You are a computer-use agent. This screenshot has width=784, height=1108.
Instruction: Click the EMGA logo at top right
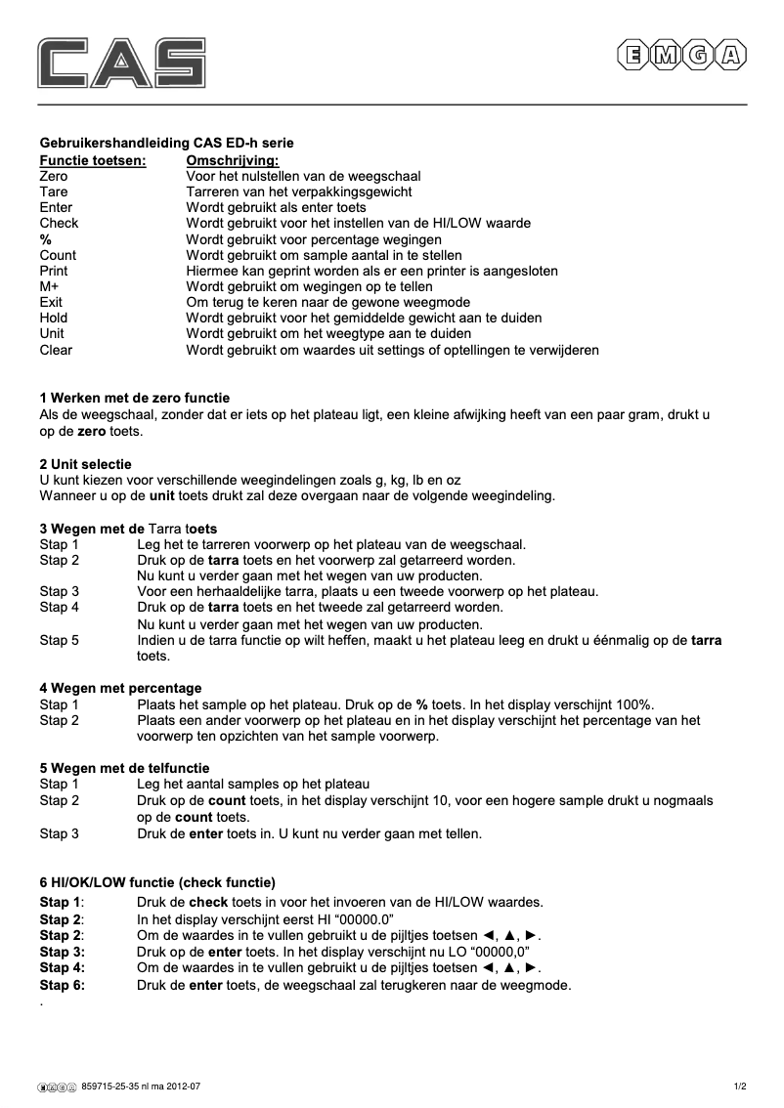click(x=680, y=56)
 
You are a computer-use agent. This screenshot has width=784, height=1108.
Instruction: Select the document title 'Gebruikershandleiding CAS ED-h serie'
click(x=166, y=143)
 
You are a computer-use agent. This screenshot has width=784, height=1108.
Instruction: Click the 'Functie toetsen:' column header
click(x=93, y=159)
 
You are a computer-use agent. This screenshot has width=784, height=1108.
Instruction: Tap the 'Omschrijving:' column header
click(x=232, y=159)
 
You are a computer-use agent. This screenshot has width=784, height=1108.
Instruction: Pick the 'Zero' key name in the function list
click(x=54, y=176)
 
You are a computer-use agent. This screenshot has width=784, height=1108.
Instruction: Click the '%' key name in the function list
click(x=44, y=239)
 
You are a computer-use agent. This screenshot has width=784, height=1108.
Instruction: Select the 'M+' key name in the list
click(x=50, y=286)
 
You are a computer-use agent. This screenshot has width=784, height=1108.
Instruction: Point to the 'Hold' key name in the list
click(x=54, y=318)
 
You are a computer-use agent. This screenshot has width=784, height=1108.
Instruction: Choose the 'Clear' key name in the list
click(x=56, y=349)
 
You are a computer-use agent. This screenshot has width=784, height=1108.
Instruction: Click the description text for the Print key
click(x=371, y=271)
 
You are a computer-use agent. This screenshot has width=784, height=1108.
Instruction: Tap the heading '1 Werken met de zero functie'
click(x=135, y=398)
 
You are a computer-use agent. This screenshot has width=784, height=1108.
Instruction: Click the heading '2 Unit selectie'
click(x=85, y=463)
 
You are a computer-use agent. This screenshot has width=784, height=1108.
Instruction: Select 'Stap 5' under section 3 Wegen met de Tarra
click(x=60, y=641)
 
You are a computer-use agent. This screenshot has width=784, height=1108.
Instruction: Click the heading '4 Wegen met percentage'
click(x=120, y=688)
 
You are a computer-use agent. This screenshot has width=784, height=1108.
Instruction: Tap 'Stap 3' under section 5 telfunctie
click(x=60, y=833)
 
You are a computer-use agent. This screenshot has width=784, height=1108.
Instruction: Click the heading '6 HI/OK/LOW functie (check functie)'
click(x=157, y=881)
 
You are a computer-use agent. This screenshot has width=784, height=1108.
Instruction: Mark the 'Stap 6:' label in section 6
click(x=63, y=985)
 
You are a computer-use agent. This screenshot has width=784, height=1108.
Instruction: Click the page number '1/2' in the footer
click(x=740, y=1086)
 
